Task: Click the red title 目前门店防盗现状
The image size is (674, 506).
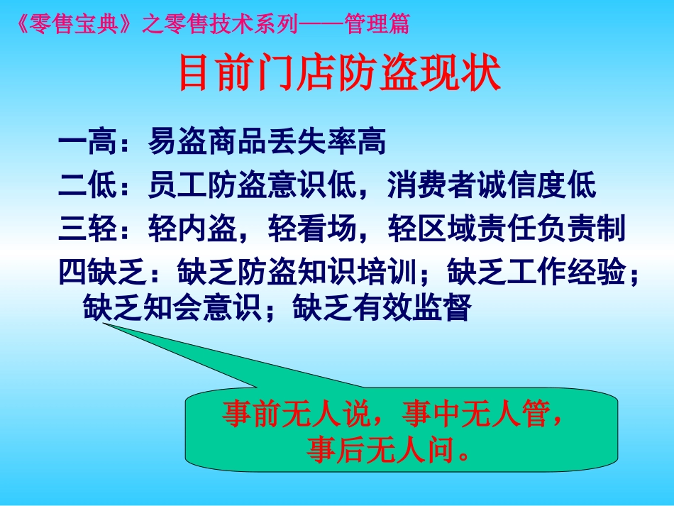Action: pyautogui.click(x=340, y=72)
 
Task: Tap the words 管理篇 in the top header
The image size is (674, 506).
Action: pyautogui.click(x=377, y=23)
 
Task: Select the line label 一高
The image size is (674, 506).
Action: pyautogui.click(x=88, y=141)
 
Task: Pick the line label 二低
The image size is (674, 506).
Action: pyautogui.click(x=88, y=185)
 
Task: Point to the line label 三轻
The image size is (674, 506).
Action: pyautogui.click(x=88, y=228)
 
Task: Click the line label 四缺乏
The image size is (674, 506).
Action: pyautogui.click(x=103, y=272)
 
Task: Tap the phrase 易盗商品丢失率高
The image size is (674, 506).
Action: pyautogui.click(x=267, y=141)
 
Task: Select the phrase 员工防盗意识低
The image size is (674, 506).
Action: pyautogui.click(x=252, y=185)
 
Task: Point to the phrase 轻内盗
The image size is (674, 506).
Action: pyautogui.click(x=192, y=228)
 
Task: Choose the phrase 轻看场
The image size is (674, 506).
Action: pyautogui.click(x=312, y=228)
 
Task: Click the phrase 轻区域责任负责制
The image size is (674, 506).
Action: pyautogui.click(x=507, y=228)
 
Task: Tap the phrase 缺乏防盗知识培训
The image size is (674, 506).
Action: pyautogui.click(x=297, y=272)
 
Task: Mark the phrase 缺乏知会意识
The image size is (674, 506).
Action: pyautogui.click(x=172, y=307)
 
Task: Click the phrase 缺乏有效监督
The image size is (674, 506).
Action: pyautogui.click(x=382, y=307)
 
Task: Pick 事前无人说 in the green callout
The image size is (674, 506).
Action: pyautogui.click(x=296, y=414)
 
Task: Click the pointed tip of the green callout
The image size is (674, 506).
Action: pyautogui.click(x=103, y=324)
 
